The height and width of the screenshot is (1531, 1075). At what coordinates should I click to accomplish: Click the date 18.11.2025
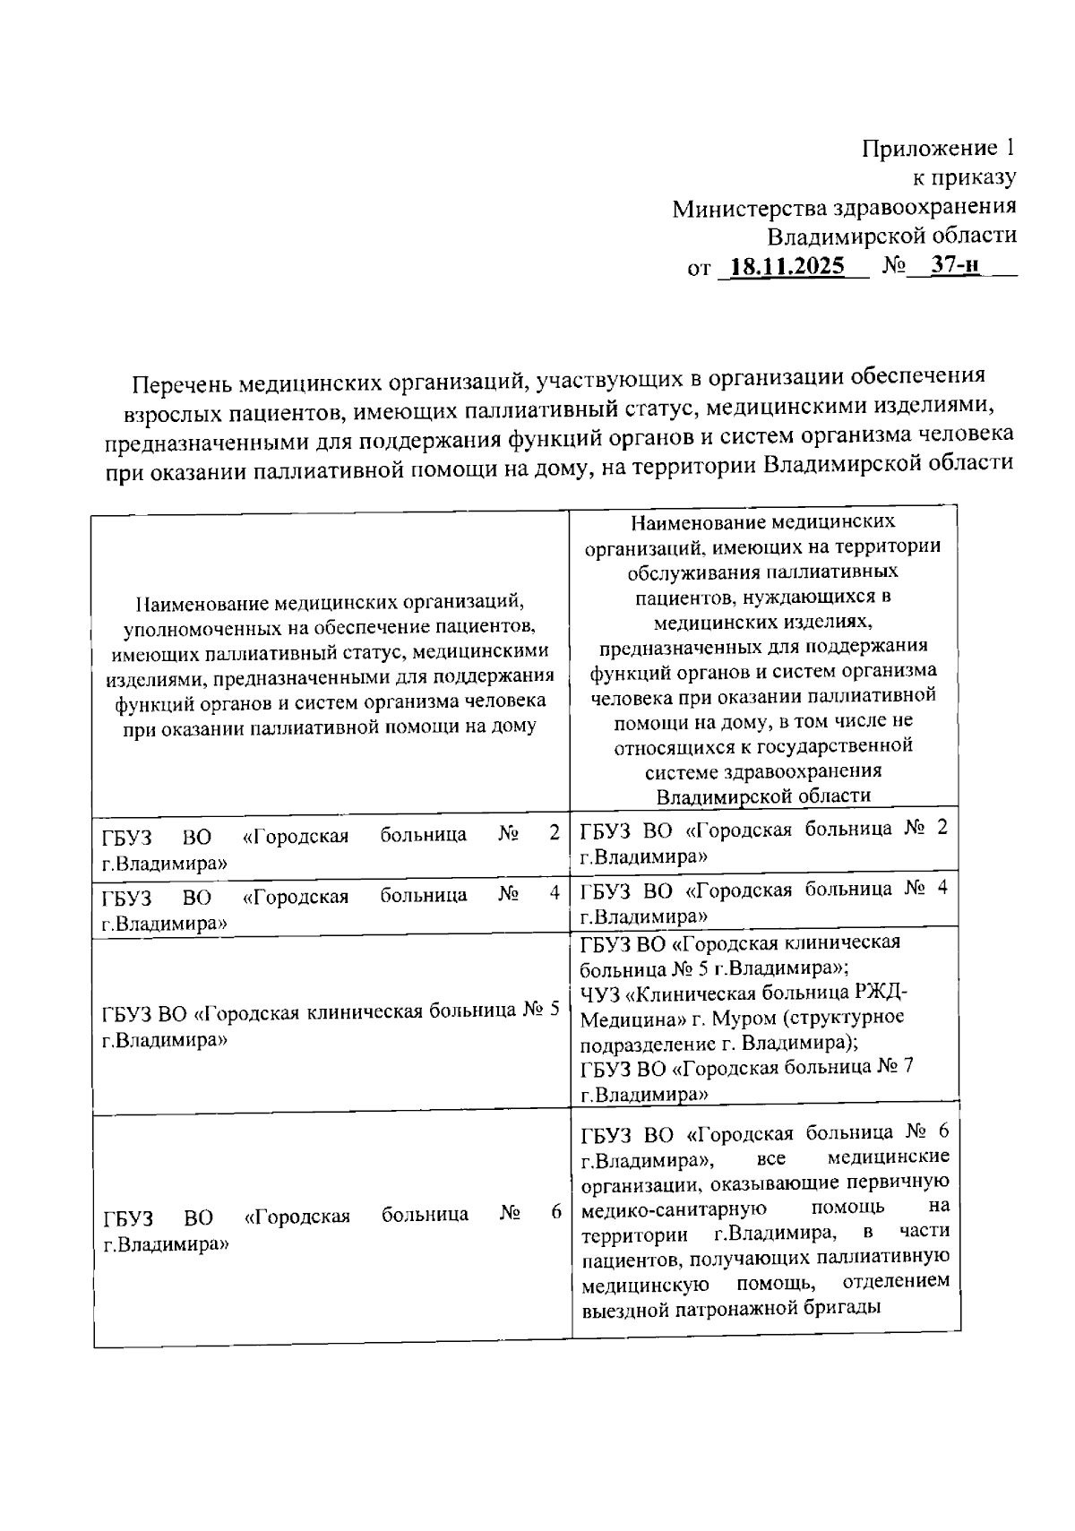788,266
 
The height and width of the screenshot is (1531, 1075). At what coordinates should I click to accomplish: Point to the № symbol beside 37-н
895,266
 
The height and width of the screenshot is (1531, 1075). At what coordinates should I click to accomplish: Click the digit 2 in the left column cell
555,834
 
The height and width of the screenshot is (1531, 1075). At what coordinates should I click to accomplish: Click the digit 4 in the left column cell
555,894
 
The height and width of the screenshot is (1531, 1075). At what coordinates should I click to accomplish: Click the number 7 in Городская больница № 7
907,1067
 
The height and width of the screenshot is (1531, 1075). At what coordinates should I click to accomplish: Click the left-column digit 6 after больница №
556,1213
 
